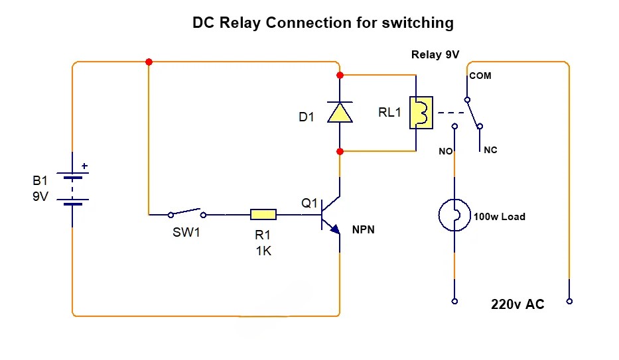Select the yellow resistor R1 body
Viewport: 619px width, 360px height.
263,214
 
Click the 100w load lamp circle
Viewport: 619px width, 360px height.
454,214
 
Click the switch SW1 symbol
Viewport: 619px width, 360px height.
186,213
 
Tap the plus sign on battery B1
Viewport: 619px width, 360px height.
84,166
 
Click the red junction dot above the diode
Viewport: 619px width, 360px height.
340,75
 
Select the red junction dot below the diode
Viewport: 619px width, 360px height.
340,151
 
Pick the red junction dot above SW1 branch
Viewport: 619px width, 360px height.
149,62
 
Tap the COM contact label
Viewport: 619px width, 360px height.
480,76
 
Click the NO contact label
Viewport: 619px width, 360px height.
445,151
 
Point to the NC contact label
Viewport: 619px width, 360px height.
490,150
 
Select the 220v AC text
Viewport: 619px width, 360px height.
517,305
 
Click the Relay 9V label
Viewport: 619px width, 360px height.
435,54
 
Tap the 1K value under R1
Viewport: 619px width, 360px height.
263,251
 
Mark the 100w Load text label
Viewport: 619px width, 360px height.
499,217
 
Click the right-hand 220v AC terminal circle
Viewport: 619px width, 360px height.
569,301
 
